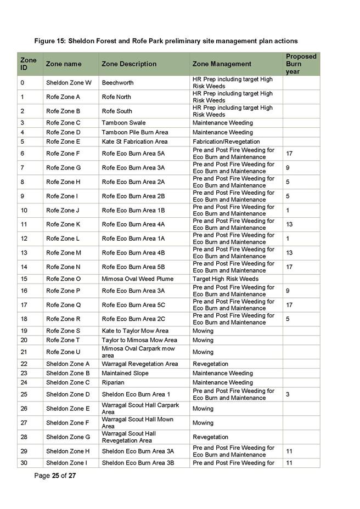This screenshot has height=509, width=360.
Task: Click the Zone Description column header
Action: click(x=129, y=64)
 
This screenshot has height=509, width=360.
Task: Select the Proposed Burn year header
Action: click(x=301, y=64)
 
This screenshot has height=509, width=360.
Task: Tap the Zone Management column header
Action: click(x=222, y=64)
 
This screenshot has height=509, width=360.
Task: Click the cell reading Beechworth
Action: click(x=117, y=83)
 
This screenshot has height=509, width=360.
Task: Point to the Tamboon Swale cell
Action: click(x=123, y=123)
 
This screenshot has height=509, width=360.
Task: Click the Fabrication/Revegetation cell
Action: click(x=226, y=142)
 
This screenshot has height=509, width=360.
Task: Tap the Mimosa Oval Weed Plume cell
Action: click(x=137, y=279)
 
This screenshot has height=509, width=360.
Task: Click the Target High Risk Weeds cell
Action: click(x=225, y=279)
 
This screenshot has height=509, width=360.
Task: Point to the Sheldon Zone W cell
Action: click(x=69, y=83)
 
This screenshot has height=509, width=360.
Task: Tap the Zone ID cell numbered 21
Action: click(x=23, y=352)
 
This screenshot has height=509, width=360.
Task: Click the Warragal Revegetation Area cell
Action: click(x=140, y=364)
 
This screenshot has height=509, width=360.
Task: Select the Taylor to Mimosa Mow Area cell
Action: click(x=139, y=341)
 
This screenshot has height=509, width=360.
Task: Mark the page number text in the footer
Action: click(x=55, y=476)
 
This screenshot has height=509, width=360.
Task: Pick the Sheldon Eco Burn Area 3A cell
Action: click(x=138, y=451)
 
